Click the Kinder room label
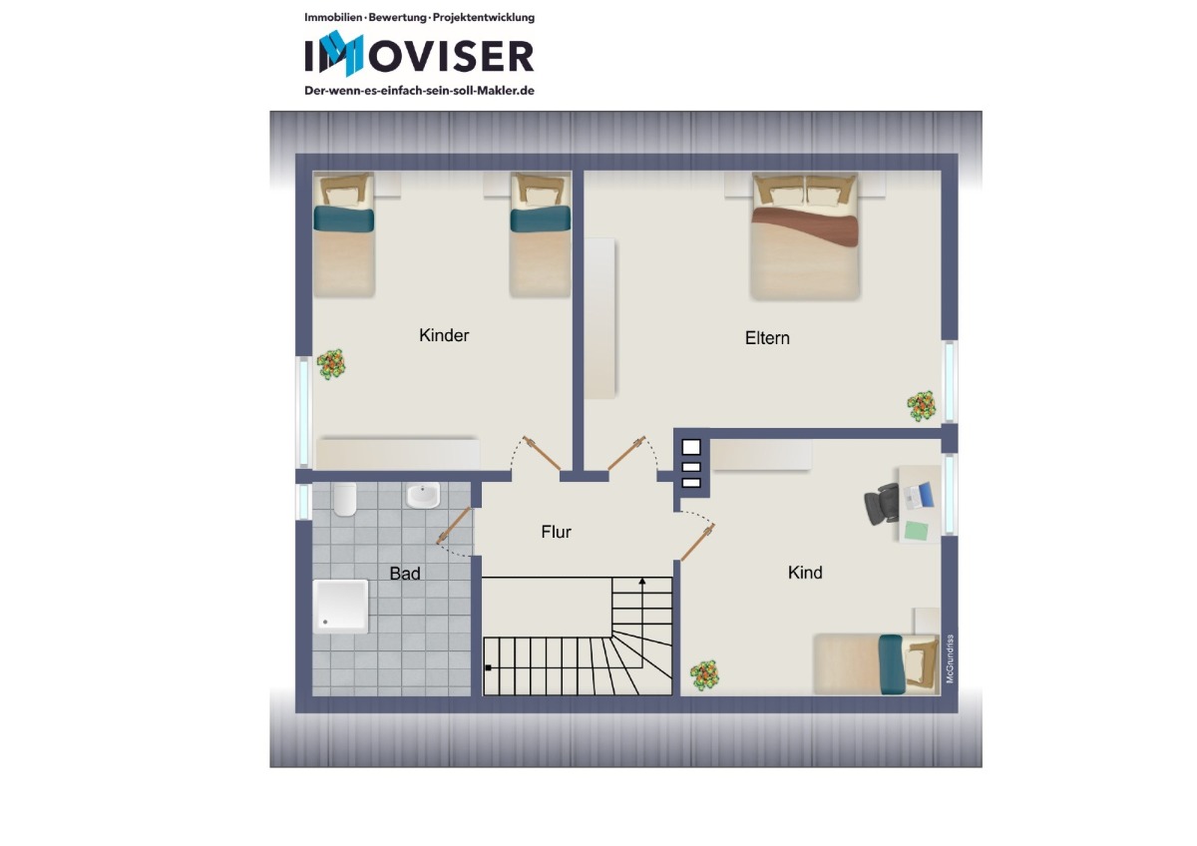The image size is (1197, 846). coord(444,335)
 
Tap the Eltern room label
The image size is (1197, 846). coord(767,338)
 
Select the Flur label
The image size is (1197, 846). coord(556,532)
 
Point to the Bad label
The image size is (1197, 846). coord(405,574)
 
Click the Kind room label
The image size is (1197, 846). coord(805,573)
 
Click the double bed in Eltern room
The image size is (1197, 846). coord(805,235)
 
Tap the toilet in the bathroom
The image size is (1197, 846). coord(345,499)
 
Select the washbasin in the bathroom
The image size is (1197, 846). coord(423,496)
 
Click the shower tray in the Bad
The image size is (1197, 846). coord(340,607)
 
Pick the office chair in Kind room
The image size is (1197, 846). coord(881,504)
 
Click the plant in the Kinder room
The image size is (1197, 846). coord(331,364)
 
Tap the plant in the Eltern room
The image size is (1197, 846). coord(922,406)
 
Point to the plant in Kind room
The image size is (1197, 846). coord(704,675)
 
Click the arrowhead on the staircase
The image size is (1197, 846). coord(642,581)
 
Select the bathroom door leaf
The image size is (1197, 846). coord(454,526)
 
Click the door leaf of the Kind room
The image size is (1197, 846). coord(698,543)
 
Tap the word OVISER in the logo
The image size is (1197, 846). coord(451,57)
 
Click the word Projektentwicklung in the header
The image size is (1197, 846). coord(484,18)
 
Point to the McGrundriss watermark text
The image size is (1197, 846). coord(950,658)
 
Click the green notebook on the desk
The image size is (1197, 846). coord(916,531)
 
